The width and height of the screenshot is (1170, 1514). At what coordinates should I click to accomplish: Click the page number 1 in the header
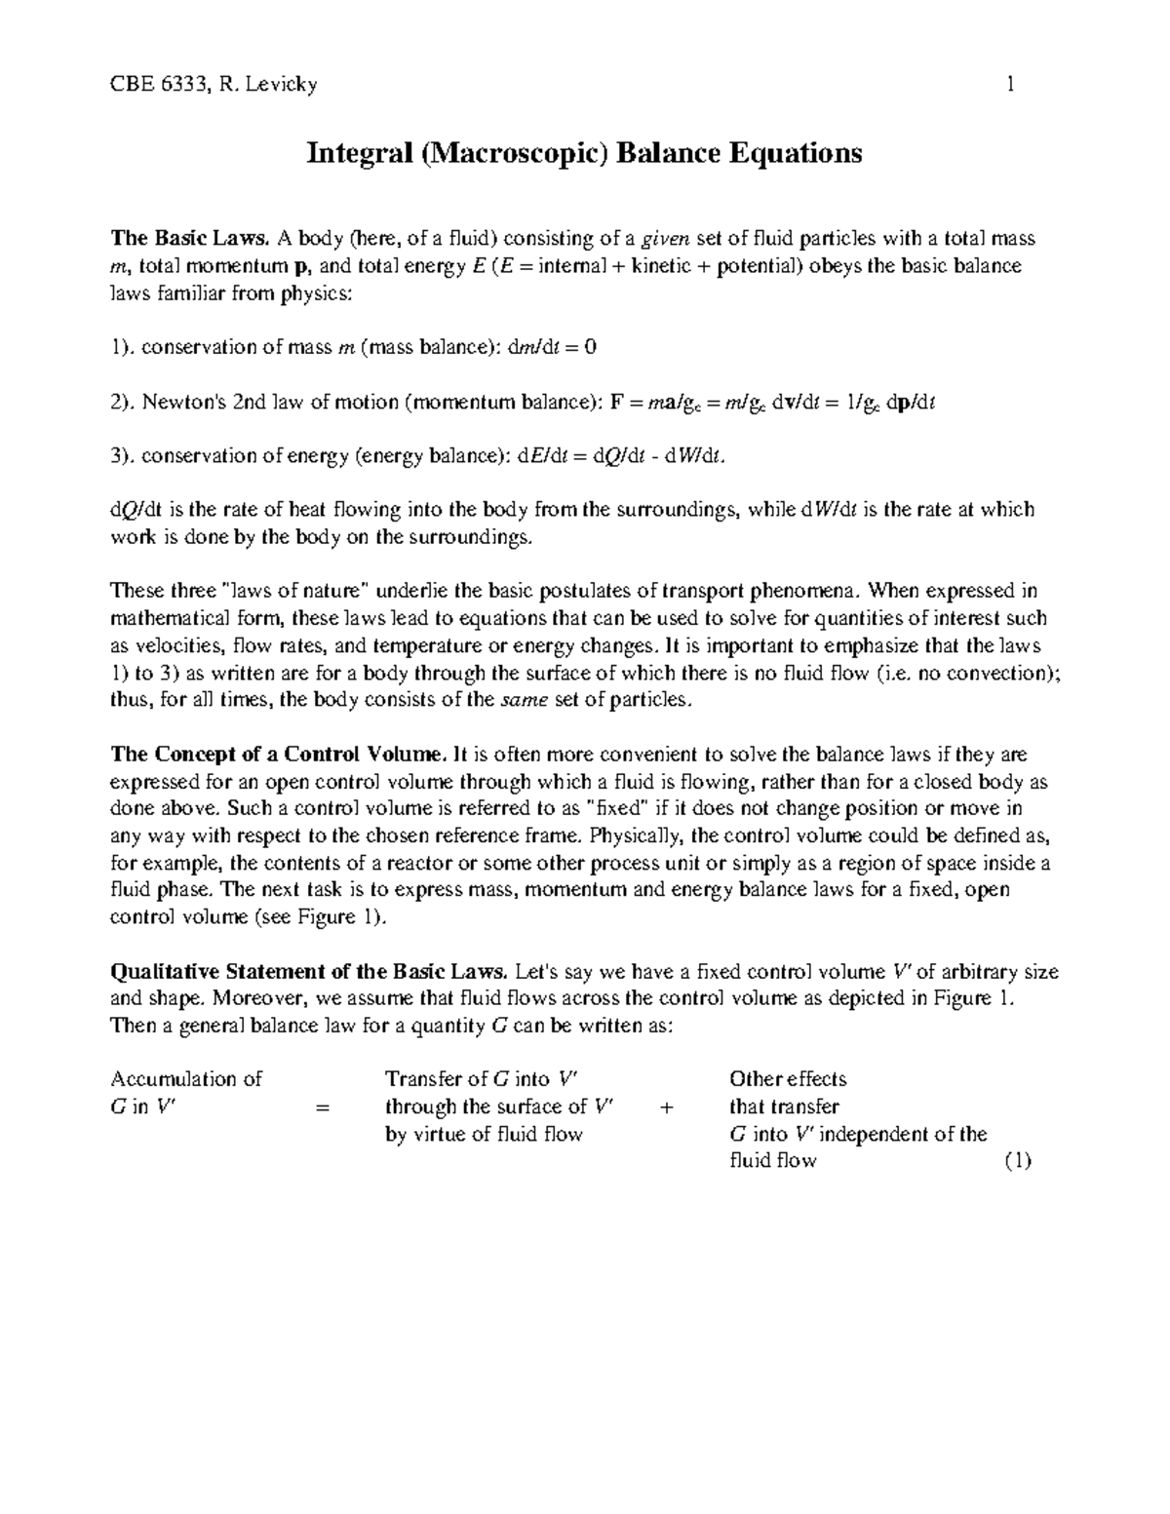1011,85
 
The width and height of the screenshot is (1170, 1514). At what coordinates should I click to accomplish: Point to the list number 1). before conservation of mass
123,347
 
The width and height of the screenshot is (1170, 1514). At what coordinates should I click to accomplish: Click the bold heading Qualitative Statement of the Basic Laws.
309,971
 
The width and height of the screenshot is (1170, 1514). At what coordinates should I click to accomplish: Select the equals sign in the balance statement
324,1107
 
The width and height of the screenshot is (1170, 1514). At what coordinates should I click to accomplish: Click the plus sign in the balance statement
667,1107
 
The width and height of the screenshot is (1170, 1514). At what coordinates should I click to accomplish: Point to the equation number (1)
1017,1161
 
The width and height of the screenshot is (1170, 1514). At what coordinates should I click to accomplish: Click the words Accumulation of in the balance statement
186,1079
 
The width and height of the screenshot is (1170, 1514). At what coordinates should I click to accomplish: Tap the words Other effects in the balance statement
788,1079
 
